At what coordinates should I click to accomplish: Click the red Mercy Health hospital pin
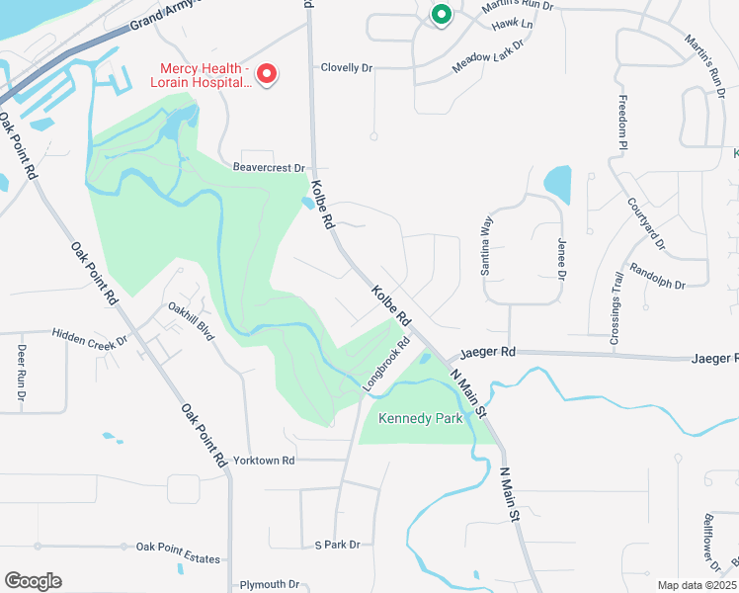266,73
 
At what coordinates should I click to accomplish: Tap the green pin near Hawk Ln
441,14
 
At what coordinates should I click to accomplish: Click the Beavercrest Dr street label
269,169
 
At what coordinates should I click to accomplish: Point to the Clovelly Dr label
347,68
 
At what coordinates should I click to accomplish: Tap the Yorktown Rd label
265,461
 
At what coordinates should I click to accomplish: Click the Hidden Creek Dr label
91,338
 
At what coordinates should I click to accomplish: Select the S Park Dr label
337,545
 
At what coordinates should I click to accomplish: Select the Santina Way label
487,246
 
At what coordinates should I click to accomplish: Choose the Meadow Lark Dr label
486,52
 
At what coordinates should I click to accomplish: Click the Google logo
34,581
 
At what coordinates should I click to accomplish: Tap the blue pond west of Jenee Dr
557,183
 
